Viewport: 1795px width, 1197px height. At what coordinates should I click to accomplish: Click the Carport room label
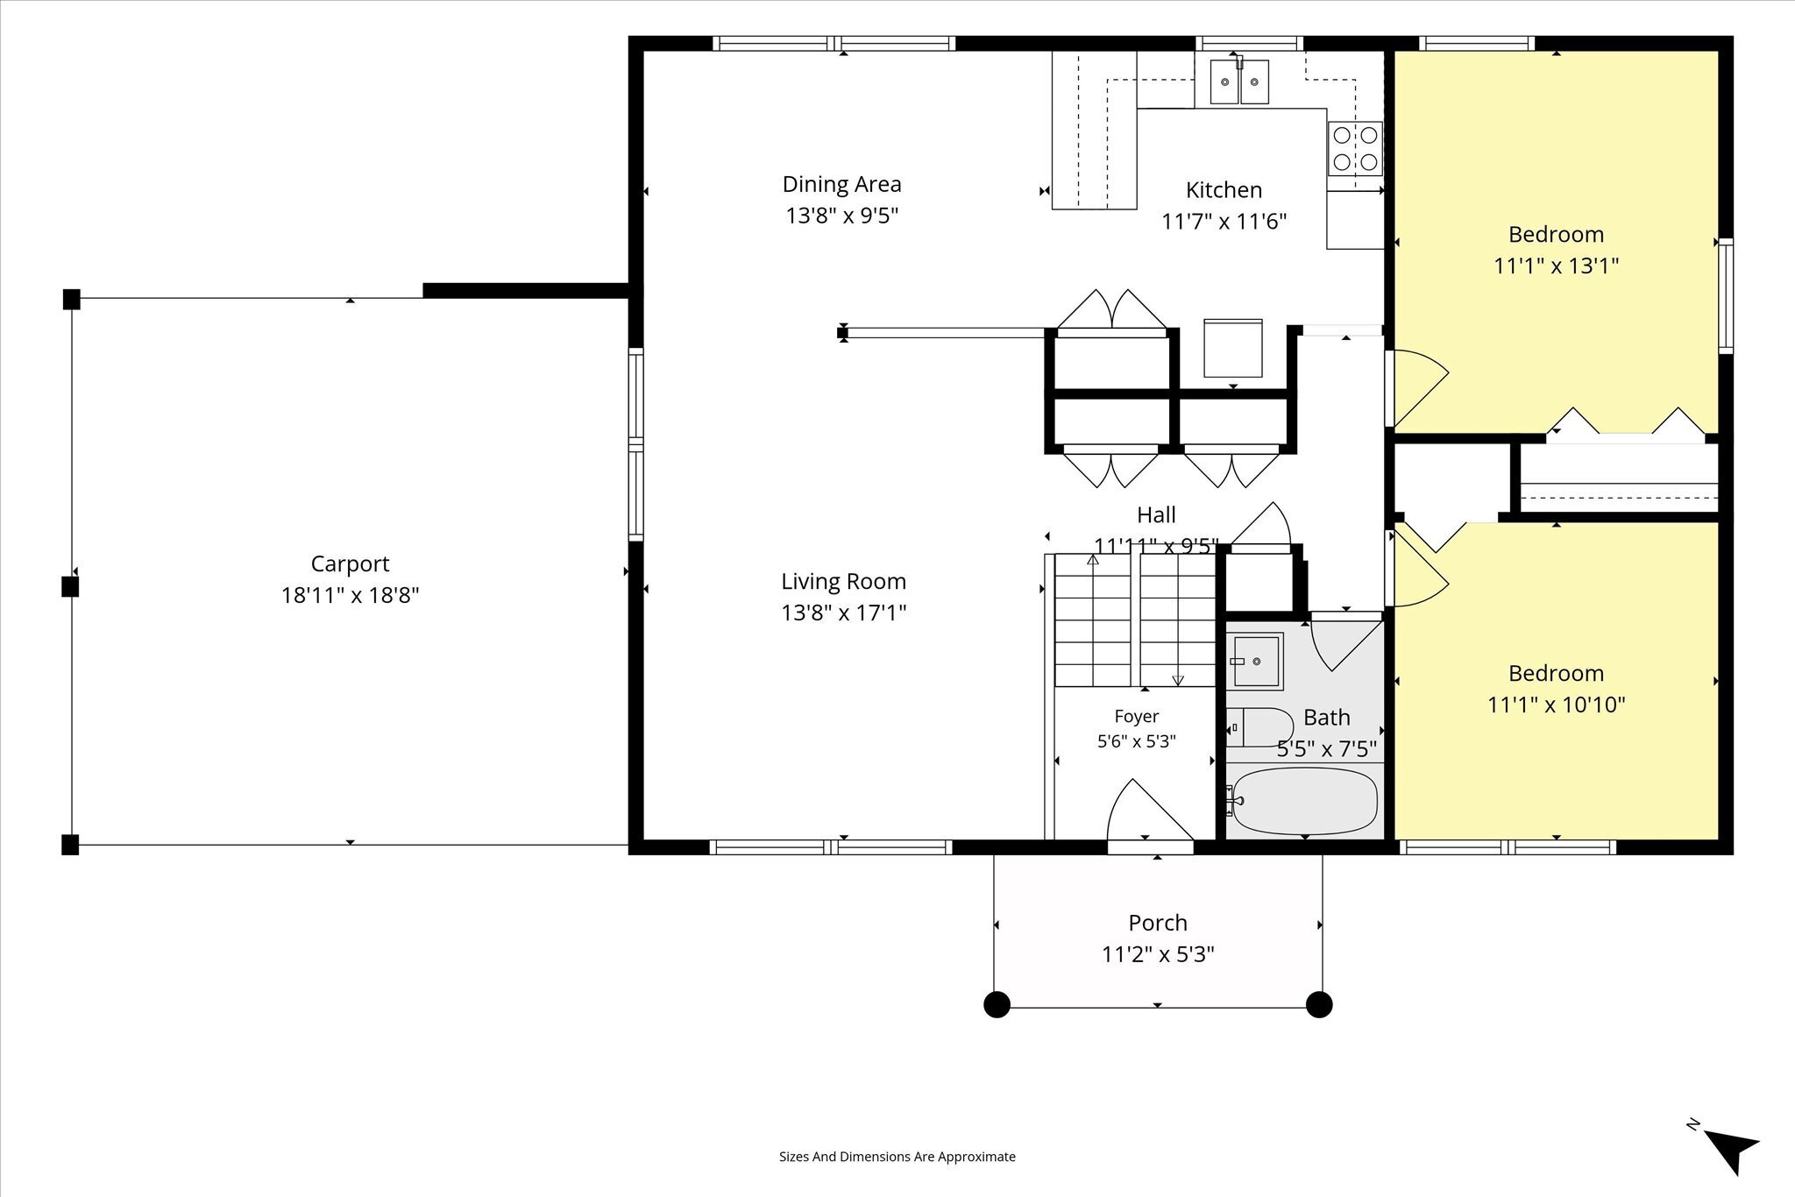(x=350, y=563)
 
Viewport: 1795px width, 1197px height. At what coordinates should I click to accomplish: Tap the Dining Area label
(x=841, y=184)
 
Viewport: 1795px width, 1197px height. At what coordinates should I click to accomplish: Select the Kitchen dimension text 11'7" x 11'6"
(x=1224, y=221)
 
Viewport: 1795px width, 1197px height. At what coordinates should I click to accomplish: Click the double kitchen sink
(x=1239, y=81)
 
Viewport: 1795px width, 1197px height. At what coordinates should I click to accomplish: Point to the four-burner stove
(x=1354, y=148)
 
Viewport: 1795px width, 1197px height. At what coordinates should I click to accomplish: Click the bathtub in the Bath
(x=1302, y=801)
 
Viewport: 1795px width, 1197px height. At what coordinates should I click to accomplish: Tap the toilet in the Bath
(x=1259, y=727)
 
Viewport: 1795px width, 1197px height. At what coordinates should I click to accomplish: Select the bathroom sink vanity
(x=1254, y=661)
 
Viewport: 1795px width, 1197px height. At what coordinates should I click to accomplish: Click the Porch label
(x=1158, y=923)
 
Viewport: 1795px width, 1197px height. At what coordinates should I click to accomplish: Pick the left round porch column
(x=997, y=1004)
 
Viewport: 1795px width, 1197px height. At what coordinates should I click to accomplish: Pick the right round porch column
(x=1319, y=1004)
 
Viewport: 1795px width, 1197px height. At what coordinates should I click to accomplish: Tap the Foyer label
(x=1137, y=717)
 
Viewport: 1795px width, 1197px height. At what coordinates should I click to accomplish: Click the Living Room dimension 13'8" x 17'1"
(x=843, y=613)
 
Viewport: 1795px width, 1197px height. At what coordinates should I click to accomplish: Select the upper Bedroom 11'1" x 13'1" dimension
(x=1556, y=266)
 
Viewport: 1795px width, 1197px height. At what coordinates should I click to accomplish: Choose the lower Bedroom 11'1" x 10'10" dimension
(x=1556, y=705)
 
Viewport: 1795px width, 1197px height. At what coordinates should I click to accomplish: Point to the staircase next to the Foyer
(x=1135, y=620)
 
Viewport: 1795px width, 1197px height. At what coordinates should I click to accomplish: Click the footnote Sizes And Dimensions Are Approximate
(x=897, y=1157)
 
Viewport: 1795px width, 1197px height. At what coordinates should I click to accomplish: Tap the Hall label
(x=1156, y=514)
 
